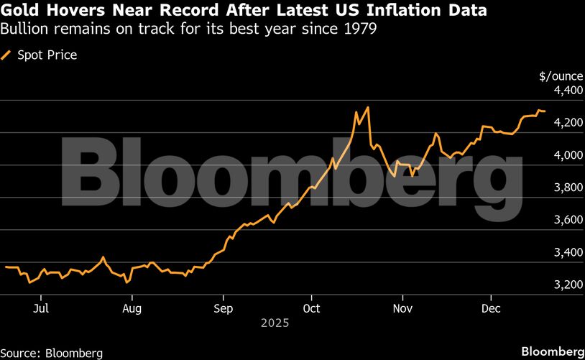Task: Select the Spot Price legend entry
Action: pos(46,55)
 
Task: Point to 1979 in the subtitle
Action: pos(361,29)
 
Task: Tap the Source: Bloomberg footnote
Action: pos(52,353)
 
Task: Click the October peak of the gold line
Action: pos(368,108)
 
